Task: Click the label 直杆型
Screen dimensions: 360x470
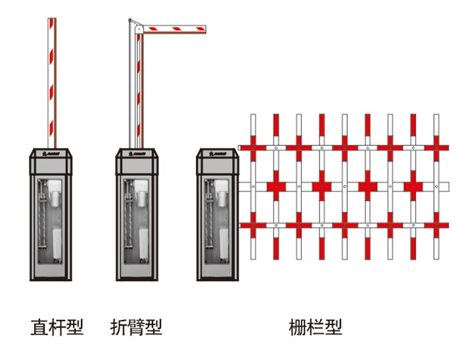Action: (57, 326)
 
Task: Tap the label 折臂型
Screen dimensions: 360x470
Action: (136, 326)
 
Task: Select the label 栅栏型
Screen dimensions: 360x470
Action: (316, 326)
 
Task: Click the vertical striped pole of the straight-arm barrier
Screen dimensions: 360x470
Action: (52, 79)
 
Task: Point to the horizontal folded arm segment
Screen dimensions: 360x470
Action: (174, 28)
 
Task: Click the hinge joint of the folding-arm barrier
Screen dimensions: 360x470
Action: (137, 28)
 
